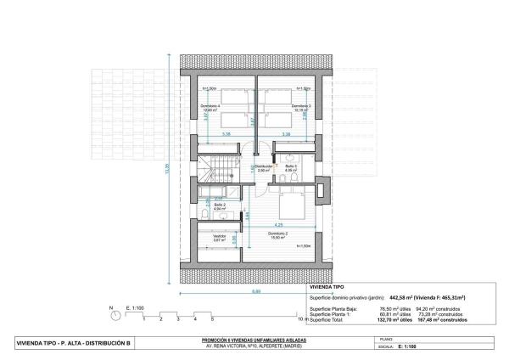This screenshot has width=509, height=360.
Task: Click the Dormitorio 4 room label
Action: coord(210,106)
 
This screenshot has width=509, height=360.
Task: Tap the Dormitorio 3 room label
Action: coord(301,106)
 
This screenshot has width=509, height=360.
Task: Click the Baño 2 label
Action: coord(219,205)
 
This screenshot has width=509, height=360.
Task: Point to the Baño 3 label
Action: coord(291,167)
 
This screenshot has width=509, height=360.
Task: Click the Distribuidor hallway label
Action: coord(265,166)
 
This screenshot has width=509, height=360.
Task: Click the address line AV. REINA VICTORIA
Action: coord(255,346)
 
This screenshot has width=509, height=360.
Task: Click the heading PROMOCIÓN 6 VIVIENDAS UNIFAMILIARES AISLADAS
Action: coord(255,339)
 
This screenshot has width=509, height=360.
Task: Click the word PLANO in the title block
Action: coord(383,339)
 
